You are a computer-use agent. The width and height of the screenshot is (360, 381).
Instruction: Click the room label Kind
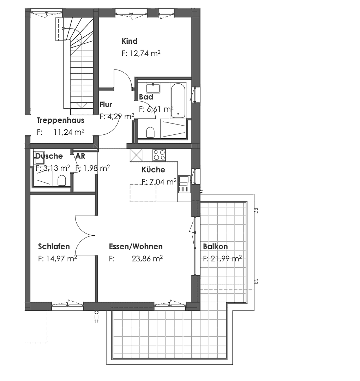click(130, 41)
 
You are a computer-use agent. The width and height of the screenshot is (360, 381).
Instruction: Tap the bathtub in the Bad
click(178, 101)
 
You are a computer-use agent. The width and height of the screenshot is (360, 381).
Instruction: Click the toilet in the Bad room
click(151, 132)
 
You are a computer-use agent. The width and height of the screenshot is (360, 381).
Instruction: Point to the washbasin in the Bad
click(153, 87)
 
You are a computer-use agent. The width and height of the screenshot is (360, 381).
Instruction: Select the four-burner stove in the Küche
click(159, 155)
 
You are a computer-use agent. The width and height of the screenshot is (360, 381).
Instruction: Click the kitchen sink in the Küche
click(184, 184)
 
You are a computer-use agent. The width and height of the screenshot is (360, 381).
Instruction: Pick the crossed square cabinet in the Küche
click(136, 155)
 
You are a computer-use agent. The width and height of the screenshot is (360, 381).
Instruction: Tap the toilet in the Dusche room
click(62, 180)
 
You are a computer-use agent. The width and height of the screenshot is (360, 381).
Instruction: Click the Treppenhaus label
click(60, 120)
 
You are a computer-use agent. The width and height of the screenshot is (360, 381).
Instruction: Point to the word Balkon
click(215, 247)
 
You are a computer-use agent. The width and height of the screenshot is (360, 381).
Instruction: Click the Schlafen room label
click(54, 247)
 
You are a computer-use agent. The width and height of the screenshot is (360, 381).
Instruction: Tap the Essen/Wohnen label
click(136, 247)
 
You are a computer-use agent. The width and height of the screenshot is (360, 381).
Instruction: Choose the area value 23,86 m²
click(147, 259)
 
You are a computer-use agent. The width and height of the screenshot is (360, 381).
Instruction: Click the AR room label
click(80, 156)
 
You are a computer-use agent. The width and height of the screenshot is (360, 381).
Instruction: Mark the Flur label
click(106, 105)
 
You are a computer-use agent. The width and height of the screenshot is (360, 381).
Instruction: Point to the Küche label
click(153, 170)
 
